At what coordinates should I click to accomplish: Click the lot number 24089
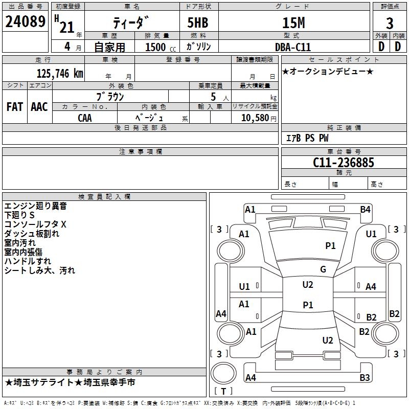[x=25, y=21]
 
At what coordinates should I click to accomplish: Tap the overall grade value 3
[x=390, y=23]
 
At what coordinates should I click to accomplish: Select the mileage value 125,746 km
[x=60, y=74]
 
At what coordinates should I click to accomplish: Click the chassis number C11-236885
[x=344, y=163]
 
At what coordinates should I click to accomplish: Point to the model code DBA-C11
[x=293, y=47]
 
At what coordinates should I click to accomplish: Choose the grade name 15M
[x=293, y=23]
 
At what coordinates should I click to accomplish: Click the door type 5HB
[x=198, y=22]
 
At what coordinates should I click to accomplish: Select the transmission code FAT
[x=15, y=107]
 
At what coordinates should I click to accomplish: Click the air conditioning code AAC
[x=39, y=107]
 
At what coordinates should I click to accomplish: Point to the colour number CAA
[x=85, y=118]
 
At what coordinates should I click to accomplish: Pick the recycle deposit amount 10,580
[x=255, y=118]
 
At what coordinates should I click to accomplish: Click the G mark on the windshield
[x=323, y=269]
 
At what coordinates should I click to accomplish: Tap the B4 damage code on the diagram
[x=365, y=210]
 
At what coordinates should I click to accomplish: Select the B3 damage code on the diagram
[x=365, y=377]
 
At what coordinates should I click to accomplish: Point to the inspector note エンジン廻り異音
[x=35, y=206]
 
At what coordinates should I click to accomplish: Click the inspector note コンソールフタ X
[x=35, y=224]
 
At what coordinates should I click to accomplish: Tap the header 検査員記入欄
[x=104, y=197]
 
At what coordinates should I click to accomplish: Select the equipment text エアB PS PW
[x=307, y=138]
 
